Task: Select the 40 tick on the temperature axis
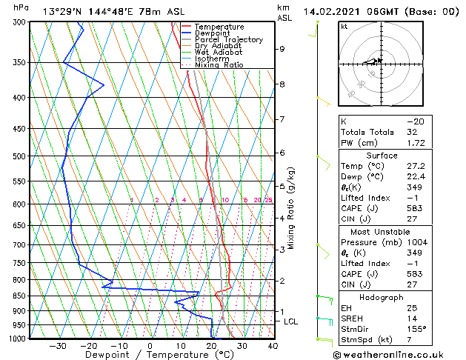(x=273, y=345)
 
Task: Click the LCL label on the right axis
(x=290, y=321)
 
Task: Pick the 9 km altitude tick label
(x=282, y=49)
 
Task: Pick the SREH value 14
(x=412, y=318)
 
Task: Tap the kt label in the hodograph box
(x=344, y=27)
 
